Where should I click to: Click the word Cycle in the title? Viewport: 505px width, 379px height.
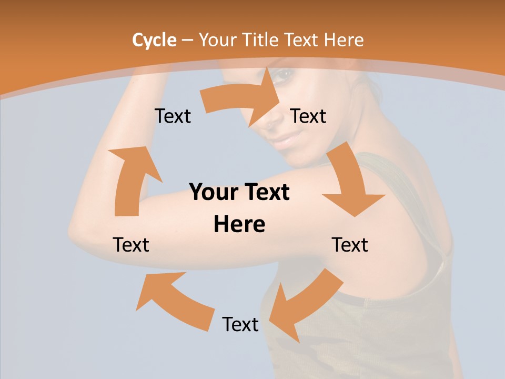coord(154,40)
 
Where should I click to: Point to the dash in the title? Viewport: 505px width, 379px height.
coord(188,41)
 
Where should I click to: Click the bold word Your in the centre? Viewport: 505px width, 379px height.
coord(210,192)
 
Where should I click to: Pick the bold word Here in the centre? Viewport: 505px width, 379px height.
coord(239,224)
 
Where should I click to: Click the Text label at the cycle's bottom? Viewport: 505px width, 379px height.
coord(240,324)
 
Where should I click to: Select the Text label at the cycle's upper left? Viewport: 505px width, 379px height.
coord(173,116)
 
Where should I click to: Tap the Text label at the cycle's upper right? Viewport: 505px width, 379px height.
coord(308,116)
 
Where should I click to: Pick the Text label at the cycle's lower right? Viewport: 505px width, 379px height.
coord(350,245)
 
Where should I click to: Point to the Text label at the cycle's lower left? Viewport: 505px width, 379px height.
coord(131,245)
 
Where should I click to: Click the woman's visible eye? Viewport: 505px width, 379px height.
coord(284,75)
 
